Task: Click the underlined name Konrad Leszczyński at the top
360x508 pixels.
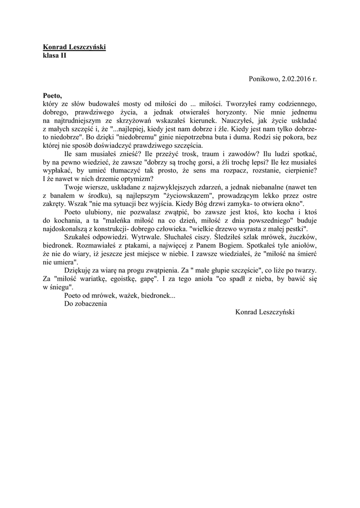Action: point(74,47)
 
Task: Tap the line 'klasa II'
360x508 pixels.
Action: point(55,56)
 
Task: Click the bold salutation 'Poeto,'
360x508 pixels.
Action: point(53,95)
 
